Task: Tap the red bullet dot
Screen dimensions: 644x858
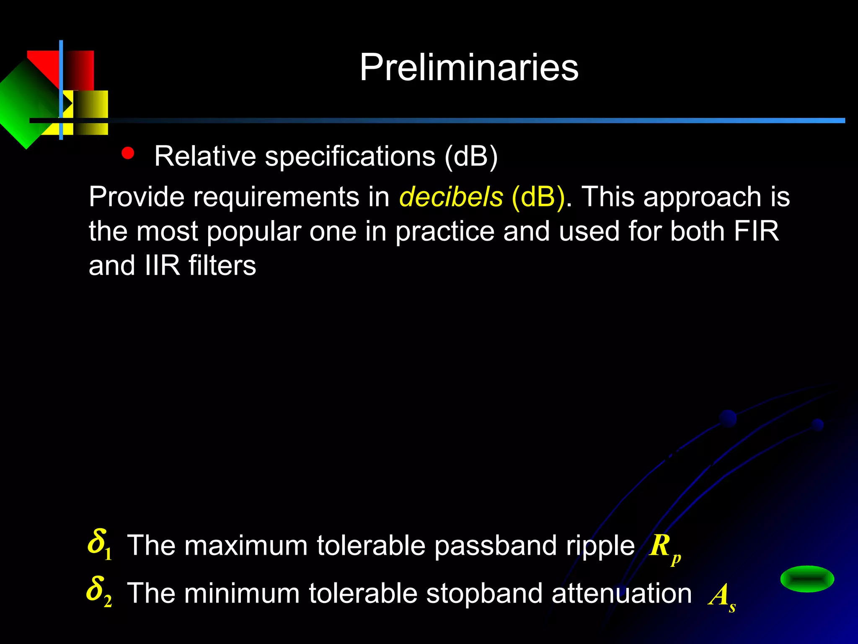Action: coord(128,153)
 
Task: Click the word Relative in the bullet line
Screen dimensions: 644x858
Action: coord(205,156)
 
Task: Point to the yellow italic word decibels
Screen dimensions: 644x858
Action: coord(451,197)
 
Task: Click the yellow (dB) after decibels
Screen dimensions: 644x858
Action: coord(538,197)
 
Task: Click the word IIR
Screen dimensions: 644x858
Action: coord(162,265)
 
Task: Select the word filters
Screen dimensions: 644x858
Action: coord(222,265)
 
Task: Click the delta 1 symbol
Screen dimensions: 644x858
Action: coord(99,544)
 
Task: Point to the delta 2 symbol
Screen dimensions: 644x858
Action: coord(99,591)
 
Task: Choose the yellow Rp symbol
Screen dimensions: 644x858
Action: coord(664,548)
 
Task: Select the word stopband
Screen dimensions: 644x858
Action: coord(484,594)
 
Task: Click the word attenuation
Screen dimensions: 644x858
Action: coord(622,594)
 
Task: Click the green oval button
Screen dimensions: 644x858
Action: coord(807,579)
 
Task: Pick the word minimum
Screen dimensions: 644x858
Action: coord(243,594)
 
